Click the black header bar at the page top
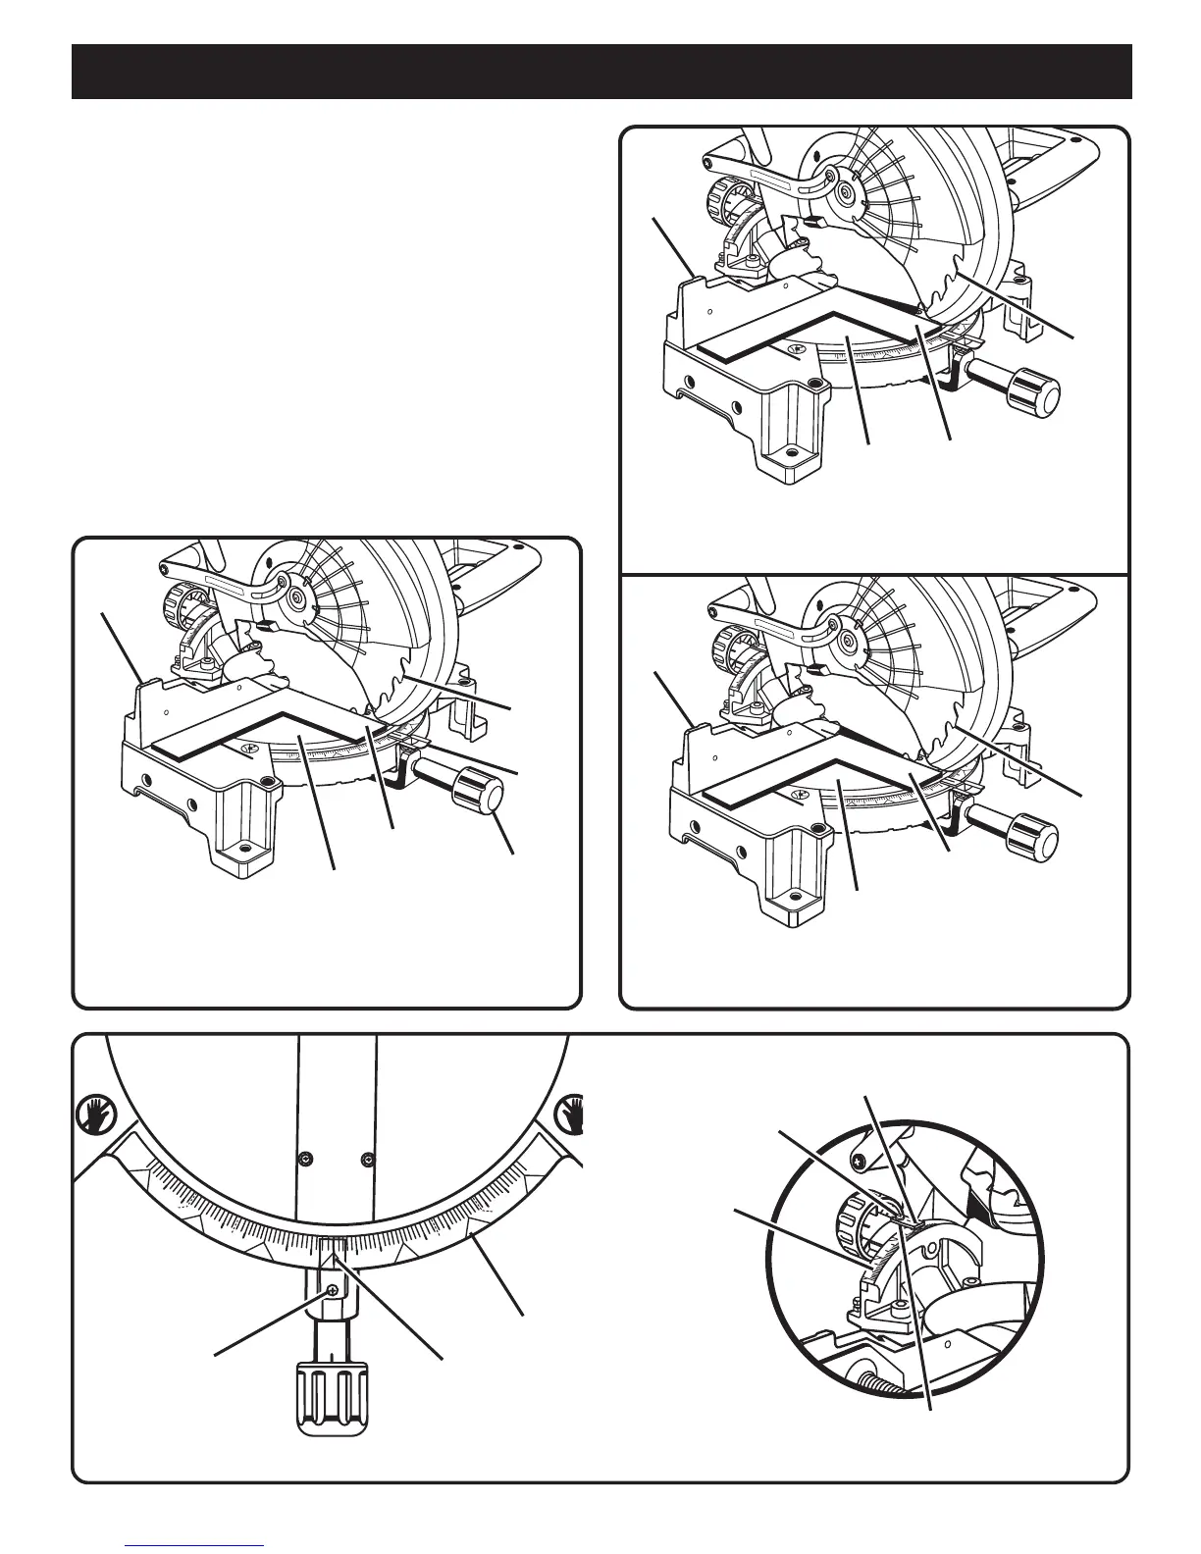600,72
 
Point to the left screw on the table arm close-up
306,1159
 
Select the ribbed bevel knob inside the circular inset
852,1221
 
